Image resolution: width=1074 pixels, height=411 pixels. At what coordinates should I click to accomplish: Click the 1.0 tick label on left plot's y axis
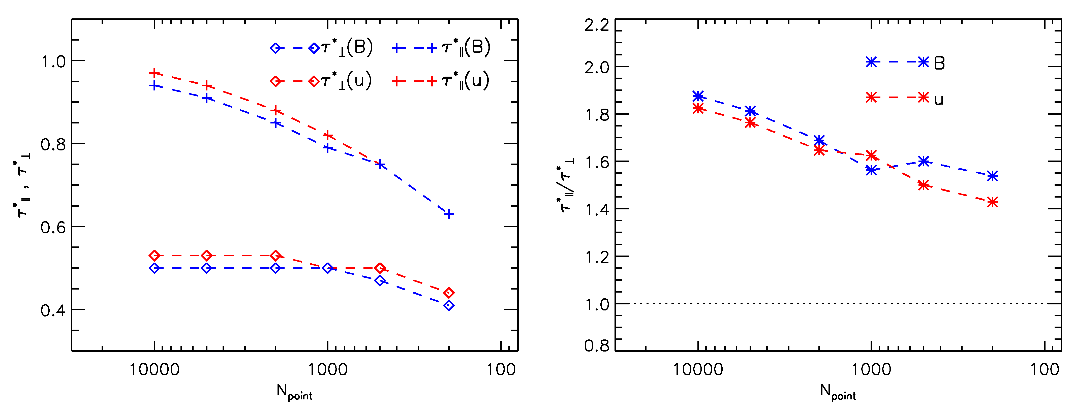53,62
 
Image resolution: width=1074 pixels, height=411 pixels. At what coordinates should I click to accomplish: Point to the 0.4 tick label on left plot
53,311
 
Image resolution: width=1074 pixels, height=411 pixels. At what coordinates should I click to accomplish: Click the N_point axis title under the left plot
294,392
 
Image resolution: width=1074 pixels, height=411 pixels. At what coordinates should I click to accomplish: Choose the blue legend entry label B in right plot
939,63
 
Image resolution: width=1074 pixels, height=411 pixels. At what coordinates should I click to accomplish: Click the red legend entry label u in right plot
938,100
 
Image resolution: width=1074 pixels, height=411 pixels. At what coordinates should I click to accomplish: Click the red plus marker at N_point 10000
155,73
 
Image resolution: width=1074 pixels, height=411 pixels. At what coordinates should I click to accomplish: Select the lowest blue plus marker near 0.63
449,214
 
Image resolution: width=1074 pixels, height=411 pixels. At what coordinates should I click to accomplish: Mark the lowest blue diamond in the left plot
449,305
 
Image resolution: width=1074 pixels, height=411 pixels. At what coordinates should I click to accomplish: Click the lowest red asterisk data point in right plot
993,202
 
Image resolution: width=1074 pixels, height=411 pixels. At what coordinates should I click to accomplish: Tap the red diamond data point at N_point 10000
155,256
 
